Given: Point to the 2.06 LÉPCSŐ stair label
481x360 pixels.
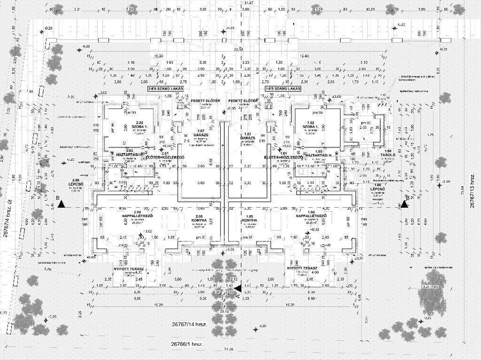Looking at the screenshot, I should [x=75, y=183].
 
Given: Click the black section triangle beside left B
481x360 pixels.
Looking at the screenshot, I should [x=61, y=204].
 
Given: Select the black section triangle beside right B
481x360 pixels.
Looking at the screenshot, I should [x=404, y=204].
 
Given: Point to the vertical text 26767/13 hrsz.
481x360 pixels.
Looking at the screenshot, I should [x=473, y=190].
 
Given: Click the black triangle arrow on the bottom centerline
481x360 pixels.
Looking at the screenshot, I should [x=237, y=288].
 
